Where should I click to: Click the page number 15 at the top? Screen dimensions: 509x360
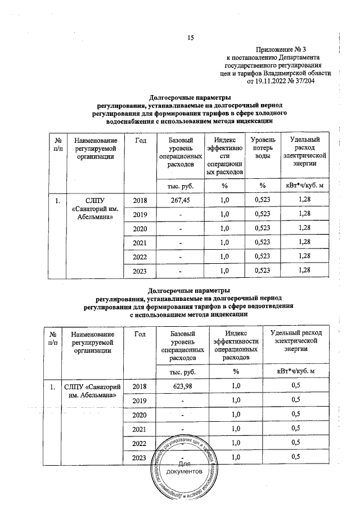coord(190,38)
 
